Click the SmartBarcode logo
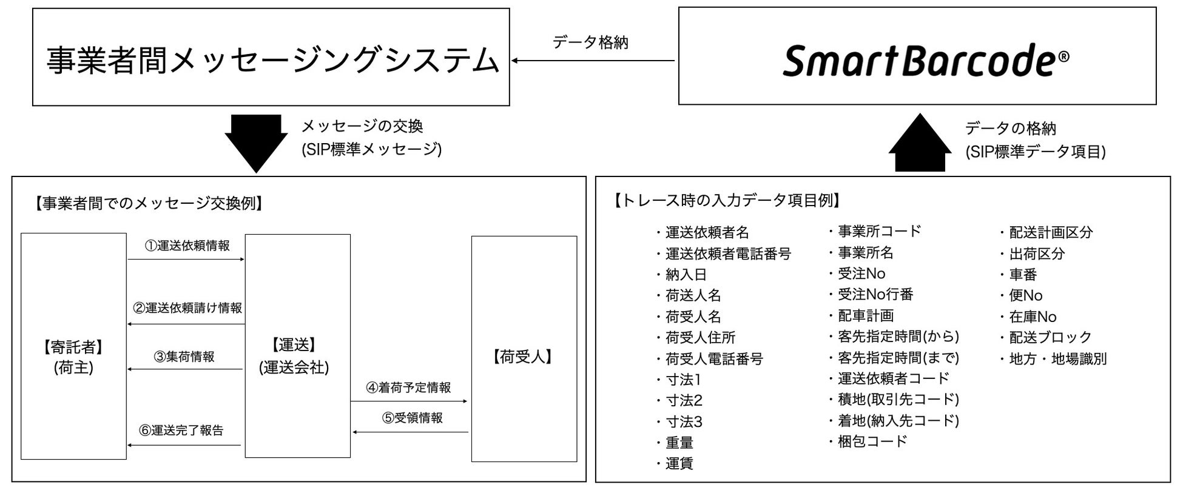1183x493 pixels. (925, 60)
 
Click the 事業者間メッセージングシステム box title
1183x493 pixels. (272, 61)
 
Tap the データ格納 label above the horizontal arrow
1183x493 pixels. (590, 42)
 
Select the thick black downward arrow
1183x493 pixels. (256, 143)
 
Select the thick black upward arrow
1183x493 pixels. (920, 144)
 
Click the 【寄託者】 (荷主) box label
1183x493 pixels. (73, 357)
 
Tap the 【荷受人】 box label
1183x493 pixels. (523, 357)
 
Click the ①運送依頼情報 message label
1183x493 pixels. (187, 246)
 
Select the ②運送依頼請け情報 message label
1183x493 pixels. (187, 308)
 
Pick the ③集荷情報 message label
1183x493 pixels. (184, 357)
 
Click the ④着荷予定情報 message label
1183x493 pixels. (408, 387)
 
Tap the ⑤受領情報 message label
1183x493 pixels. (412, 418)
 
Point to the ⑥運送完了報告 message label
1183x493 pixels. (181, 431)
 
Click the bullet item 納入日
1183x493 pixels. (686, 275)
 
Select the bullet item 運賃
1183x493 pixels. (679, 464)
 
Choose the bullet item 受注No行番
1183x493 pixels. (875, 295)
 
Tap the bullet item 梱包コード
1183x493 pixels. (872, 441)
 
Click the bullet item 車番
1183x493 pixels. (1023, 275)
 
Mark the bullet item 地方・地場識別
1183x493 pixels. (1057, 359)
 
